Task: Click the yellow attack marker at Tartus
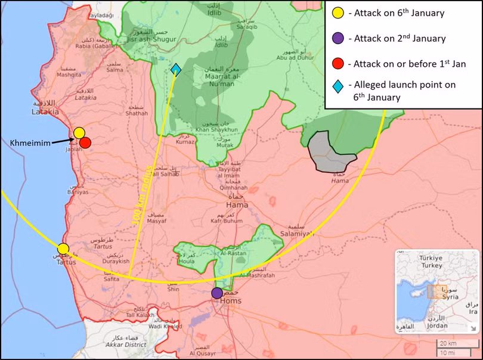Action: pos(63,249)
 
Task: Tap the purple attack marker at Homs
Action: pos(217,293)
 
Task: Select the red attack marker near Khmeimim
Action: pos(85,142)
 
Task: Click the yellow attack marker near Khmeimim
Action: pos(79,133)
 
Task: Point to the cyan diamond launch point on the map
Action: pos(175,70)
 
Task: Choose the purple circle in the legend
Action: pos(338,39)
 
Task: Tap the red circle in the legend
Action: pos(338,64)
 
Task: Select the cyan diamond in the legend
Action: pos(338,85)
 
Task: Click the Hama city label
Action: pos(236,205)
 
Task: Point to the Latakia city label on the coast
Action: pos(45,111)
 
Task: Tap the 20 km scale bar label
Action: pos(448,344)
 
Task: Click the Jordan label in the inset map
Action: pos(438,325)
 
